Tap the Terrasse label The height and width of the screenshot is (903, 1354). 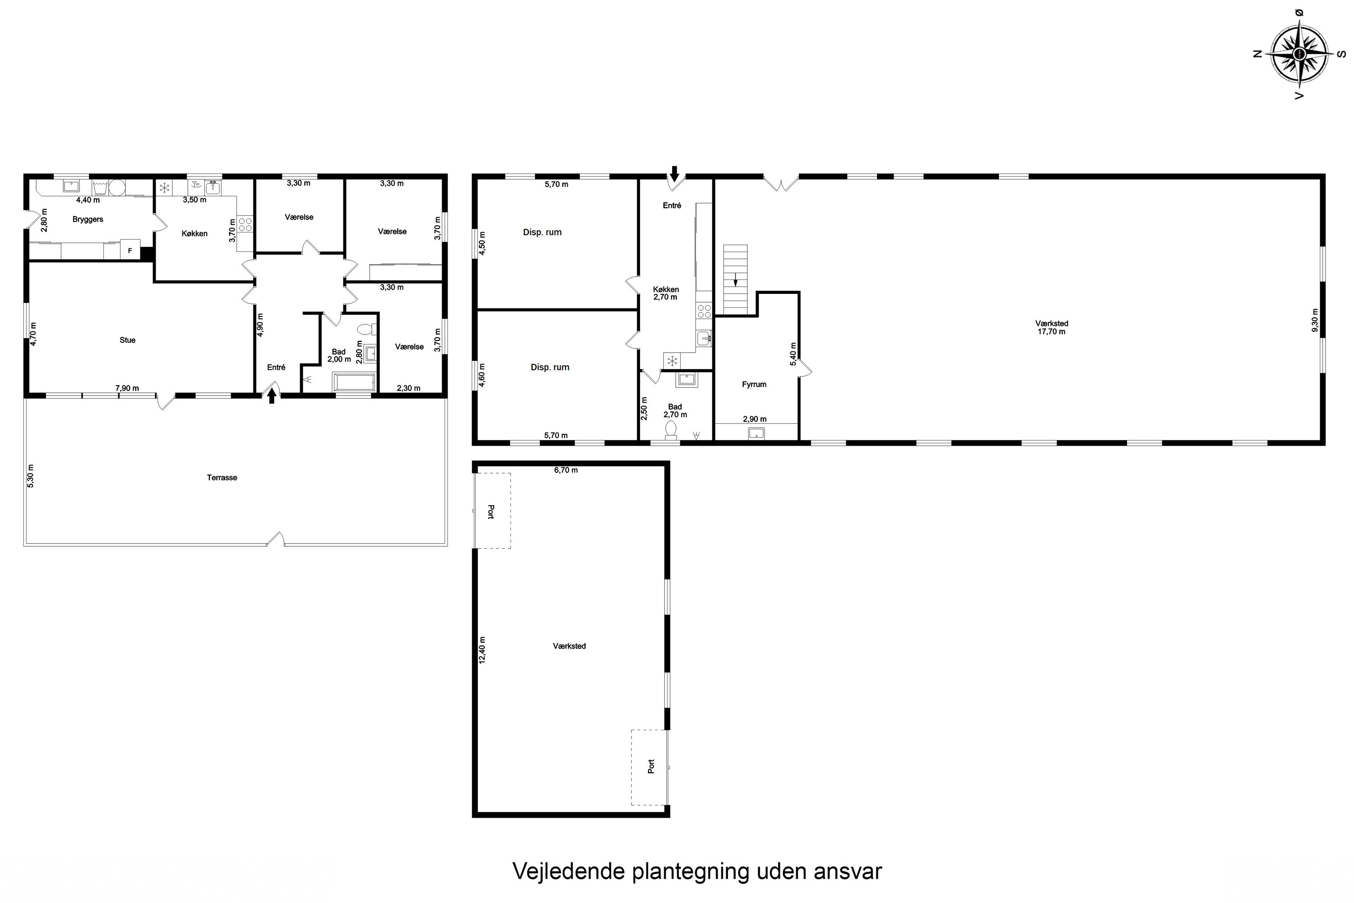(x=222, y=477)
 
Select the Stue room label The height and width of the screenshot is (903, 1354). (x=127, y=340)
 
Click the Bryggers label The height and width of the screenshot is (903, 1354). (x=88, y=219)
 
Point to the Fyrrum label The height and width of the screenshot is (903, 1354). (x=754, y=385)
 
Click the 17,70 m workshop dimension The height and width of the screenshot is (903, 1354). (x=1051, y=332)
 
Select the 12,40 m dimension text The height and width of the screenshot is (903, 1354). (x=482, y=650)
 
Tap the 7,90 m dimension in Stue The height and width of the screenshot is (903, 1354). (x=127, y=388)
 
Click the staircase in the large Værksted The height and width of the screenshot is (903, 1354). (x=735, y=279)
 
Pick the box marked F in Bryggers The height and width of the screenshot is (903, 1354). (x=130, y=251)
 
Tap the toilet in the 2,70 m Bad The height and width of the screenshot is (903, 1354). (x=671, y=430)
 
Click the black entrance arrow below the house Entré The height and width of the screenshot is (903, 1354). (x=272, y=396)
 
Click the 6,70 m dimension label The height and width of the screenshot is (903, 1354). (x=566, y=470)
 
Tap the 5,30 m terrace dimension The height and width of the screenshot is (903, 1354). (x=31, y=476)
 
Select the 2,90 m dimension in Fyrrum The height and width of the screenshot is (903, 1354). (x=754, y=419)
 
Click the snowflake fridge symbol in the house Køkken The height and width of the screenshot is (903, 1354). (x=165, y=187)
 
